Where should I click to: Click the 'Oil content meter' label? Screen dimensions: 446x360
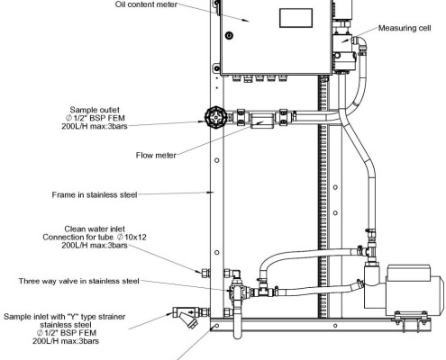point(146,4)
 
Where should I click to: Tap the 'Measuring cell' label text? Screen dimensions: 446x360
point(405,28)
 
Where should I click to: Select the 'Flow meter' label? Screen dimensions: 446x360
point(156,156)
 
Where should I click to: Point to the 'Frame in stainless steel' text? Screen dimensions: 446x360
point(95,195)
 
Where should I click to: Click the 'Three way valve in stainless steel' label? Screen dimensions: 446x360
point(78,281)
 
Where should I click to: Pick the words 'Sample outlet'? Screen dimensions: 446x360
point(95,110)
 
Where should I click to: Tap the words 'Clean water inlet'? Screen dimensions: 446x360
point(95,229)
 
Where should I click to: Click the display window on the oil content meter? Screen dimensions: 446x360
point(296,18)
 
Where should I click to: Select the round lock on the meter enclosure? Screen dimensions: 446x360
point(229,35)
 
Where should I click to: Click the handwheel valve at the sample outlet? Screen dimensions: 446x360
point(215,118)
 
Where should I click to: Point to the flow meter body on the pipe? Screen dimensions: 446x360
point(262,121)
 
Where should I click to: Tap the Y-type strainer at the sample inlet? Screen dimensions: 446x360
point(188,317)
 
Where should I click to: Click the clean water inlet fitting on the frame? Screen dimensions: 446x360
point(205,273)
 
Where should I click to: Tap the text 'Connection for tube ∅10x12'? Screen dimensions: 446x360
point(95,238)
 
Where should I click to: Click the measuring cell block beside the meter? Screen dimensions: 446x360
point(343,49)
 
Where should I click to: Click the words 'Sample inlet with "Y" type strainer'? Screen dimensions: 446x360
point(64,317)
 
